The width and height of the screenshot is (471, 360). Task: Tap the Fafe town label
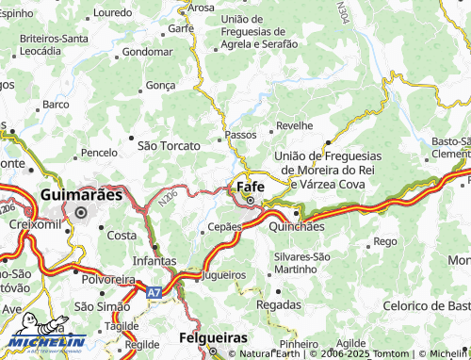click(250, 186)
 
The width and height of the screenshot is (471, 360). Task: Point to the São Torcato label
click(170, 146)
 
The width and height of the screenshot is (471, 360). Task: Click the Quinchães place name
click(297, 227)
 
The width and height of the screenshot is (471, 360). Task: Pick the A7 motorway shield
click(154, 293)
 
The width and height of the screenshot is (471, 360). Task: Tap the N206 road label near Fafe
click(168, 197)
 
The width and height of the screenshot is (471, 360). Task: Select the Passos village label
click(241, 135)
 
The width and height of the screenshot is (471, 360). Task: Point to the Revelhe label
click(294, 125)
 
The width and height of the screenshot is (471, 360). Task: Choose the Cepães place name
click(225, 227)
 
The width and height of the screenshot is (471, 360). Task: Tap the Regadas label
click(279, 304)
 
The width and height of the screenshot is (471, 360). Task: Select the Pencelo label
click(99, 152)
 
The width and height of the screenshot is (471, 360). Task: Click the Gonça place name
click(161, 85)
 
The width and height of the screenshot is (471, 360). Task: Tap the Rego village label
click(385, 241)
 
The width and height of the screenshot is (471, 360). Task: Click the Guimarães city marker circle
click(81, 212)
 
